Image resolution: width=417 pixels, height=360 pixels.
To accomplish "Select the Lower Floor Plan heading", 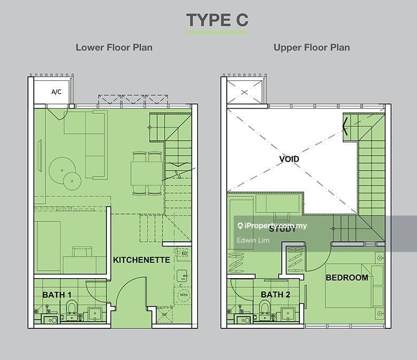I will coord(114,47).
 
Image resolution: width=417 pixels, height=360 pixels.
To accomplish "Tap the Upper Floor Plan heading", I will coord(312,47).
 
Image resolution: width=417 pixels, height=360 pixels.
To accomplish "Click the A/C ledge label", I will coord(56,92).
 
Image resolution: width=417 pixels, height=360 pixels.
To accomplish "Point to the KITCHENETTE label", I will coord(141,261).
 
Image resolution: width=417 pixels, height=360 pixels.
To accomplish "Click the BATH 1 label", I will coord(57,295).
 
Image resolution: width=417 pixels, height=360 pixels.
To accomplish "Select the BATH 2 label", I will coord(275,295).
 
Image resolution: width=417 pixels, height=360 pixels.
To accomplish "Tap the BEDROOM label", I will coord(346,278).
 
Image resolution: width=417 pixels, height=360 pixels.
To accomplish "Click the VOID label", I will coord(289,159).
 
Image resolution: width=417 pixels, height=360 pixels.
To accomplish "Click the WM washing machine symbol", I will coord(183,295).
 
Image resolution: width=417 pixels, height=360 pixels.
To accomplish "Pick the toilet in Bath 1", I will coord(71,307).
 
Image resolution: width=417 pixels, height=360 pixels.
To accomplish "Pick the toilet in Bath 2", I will coord(263,307).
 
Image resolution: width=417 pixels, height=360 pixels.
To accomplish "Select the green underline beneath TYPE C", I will coord(217,33).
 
